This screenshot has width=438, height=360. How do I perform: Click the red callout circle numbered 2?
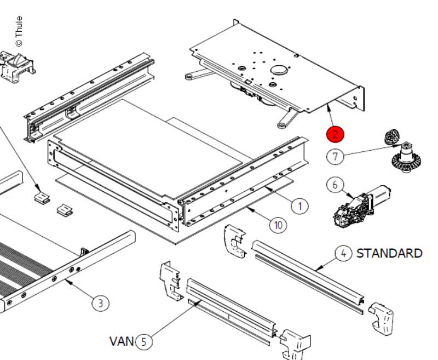[x=335, y=134]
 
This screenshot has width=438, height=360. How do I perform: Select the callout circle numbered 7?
[x=336, y=156]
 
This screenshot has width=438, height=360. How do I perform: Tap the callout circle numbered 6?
[x=335, y=185]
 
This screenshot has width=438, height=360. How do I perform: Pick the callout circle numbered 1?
[x=299, y=206]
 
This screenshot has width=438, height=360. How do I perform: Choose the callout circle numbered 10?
[x=278, y=225]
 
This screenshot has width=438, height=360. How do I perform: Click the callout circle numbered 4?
[x=344, y=254]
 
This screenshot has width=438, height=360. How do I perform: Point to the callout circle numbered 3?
[x=101, y=303]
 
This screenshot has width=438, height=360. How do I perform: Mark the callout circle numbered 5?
[x=144, y=341]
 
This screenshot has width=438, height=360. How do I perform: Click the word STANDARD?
[x=389, y=254]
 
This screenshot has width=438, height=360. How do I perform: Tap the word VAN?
[x=122, y=341]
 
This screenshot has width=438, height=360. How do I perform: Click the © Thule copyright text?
[x=19, y=31]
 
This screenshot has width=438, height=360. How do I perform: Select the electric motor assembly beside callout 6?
[x=361, y=206]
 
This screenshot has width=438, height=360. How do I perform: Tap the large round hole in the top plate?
[x=279, y=70]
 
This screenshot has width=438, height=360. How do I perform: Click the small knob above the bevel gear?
[x=392, y=136]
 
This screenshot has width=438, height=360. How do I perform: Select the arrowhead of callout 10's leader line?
[x=250, y=209]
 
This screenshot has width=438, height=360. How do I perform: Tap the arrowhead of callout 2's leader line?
[x=330, y=107]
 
